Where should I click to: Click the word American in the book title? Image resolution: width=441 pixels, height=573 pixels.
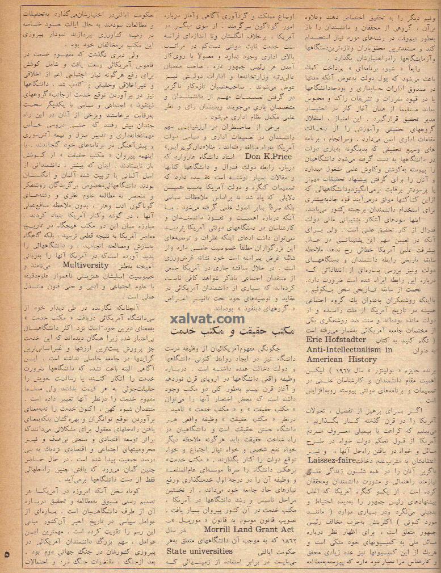330,360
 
